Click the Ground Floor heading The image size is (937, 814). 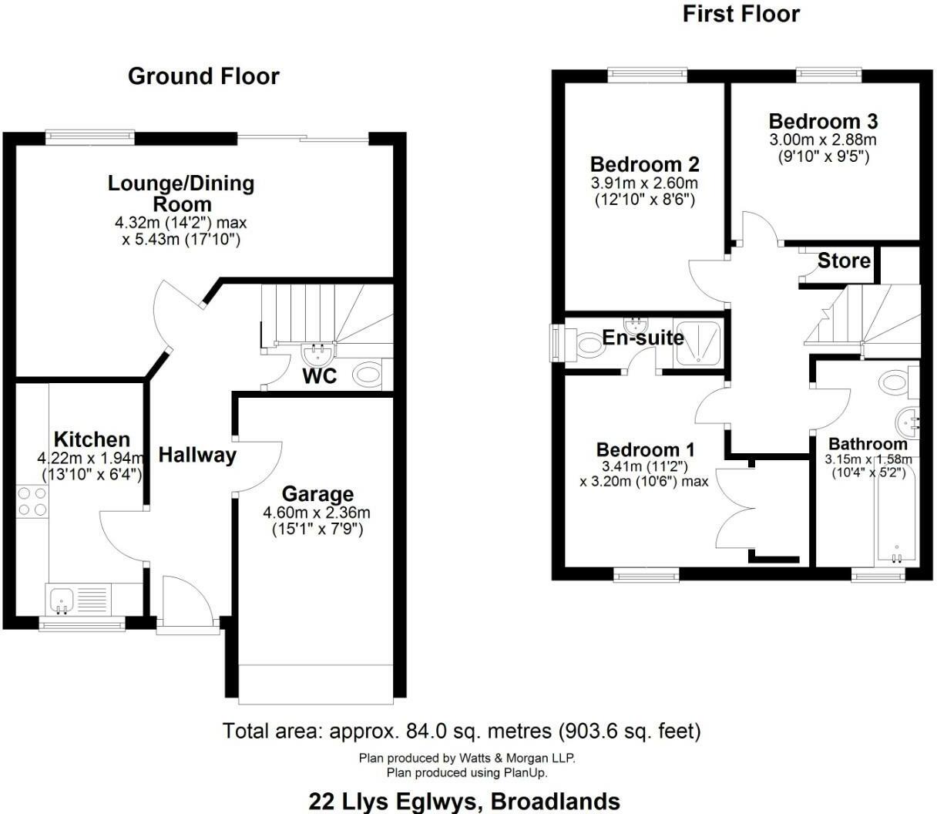(x=203, y=76)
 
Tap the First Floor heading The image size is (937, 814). (x=741, y=14)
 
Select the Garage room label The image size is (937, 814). (x=317, y=494)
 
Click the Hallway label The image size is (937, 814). (x=197, y=455)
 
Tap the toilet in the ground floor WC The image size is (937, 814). (x=368, y=375)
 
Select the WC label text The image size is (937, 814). (x=319, y=377)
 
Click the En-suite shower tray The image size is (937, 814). (x=699, y=343)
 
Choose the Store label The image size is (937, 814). (x=844, y=261)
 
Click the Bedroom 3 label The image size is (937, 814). (x=823, y=121)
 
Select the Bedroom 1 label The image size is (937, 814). (x=646, y=449)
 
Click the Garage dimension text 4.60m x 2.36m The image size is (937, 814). (x=317, y=513)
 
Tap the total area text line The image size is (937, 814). (x=462, y=730)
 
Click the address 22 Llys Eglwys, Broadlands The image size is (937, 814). (x=464, y=801)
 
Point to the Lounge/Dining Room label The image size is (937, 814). (x=181, y=193)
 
